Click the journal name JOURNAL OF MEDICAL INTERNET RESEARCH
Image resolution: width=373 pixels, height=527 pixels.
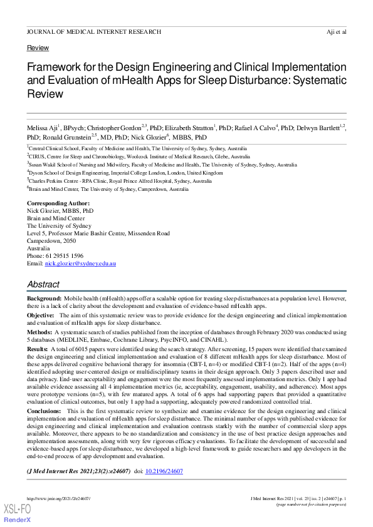click(x=93, y=31)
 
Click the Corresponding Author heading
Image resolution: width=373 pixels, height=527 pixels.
click(x=58, y=204)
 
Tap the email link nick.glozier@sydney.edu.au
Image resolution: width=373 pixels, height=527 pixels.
click(x=80, y=264)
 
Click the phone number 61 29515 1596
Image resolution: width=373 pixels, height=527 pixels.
click(x=65, y=256)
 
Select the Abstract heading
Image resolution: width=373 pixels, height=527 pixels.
click(x=43, y=284)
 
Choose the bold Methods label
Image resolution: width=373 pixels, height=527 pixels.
click(x=39, y=332)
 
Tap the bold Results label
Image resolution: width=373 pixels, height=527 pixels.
click(x=38, y=347)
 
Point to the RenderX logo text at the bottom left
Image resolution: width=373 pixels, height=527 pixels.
click(x=18, y=520)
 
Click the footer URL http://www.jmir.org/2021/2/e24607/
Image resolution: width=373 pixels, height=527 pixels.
click(x=58, y=498)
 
